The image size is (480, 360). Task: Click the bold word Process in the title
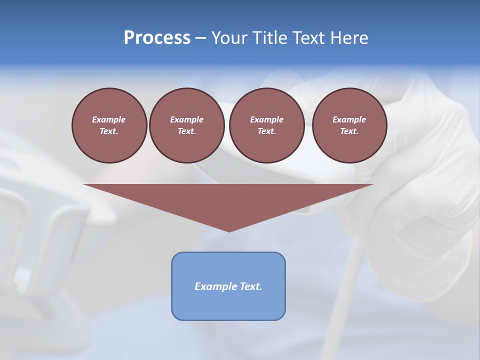point(157,38)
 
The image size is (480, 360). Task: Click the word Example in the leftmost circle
point(109,119)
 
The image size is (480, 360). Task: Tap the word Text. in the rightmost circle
point(349,131)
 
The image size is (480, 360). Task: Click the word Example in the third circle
point(266,119)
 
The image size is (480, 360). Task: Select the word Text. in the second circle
point(186,131)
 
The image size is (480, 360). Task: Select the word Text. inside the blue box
point(251,286)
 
